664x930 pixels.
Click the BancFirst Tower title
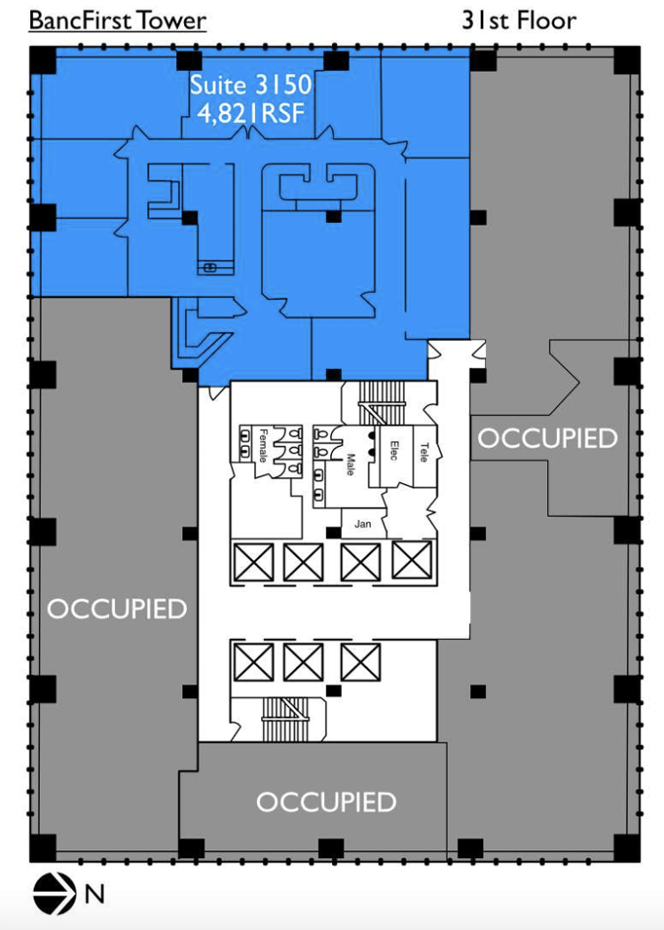click(118, 20)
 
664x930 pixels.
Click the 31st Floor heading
click(519, 20)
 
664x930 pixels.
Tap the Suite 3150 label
click(251, 85)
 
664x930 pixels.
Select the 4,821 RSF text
click(251, 112)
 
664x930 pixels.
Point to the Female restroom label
click(263, 445)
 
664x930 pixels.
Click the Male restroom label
click(350, 465)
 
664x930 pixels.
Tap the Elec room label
click(393, 450)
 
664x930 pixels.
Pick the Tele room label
click(424, 452)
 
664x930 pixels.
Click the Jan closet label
click(363, 524)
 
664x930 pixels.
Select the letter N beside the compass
click(95, 894)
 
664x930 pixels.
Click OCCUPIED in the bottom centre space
click(326, 802)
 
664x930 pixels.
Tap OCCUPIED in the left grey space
click(117, 609)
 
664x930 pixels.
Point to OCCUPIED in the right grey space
click(548, 438)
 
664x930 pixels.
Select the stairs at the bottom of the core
click(285, 719)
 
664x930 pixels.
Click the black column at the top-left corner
click(42, 60)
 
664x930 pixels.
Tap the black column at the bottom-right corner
click(627, 849)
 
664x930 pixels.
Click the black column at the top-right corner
click(627, 60)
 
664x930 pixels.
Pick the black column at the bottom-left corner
click(42, 849)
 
